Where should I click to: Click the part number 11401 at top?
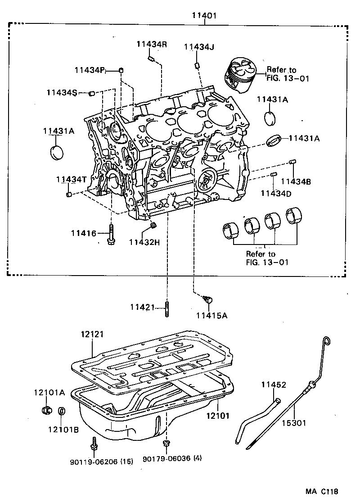point(205,15)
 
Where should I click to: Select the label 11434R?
point(152,44)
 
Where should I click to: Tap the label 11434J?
point(198,47)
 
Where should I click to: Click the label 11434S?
point(61,92)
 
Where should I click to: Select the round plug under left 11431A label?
point(57,152)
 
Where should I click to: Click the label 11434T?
point(71,179)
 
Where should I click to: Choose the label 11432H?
point(144,242)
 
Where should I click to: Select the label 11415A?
point(211,316)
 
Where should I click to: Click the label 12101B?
point(63,430)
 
